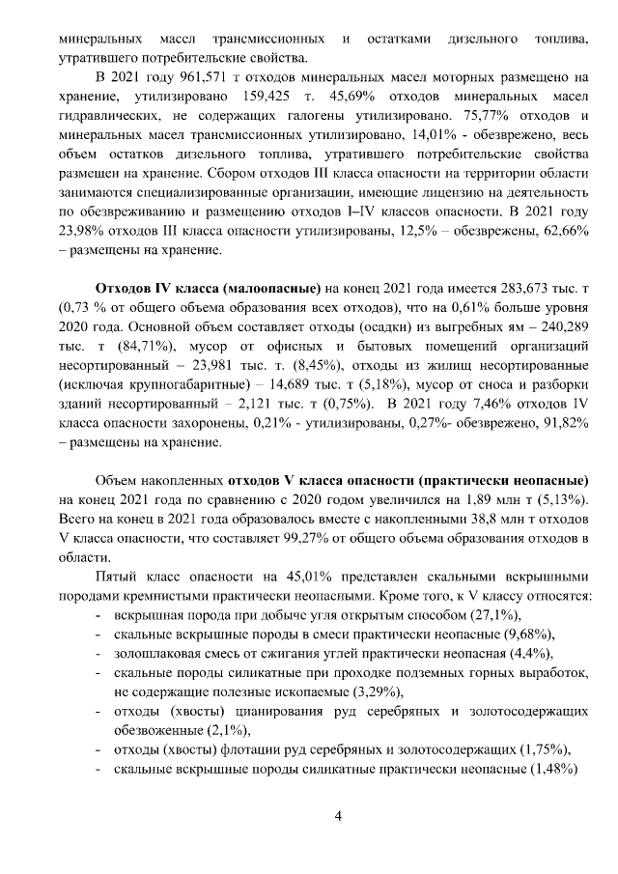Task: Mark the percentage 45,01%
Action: click(287, 578)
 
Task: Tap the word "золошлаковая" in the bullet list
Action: click(154, 654)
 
